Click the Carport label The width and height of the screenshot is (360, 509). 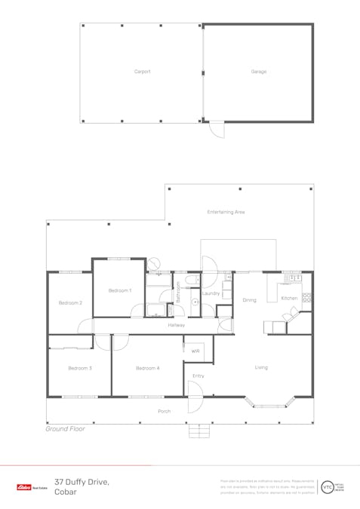(142, 72)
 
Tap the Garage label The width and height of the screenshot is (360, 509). (258, 72)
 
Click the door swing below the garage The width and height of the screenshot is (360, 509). (217, 130)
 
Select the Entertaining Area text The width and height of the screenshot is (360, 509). (226, 212)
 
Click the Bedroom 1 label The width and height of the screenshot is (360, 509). (119, 290)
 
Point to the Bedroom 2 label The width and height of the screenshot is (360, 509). (70, 302)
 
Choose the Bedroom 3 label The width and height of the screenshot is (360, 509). (79, 368)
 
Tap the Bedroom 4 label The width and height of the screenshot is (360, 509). (147, 368)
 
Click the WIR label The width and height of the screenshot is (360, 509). (195, 351)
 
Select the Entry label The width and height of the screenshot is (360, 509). (198, 376)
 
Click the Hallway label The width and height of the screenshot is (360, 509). (176, 324)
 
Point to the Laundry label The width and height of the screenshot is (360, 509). (211, 293)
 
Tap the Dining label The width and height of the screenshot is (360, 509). (249, 299)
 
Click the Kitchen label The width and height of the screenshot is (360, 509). (289, 298)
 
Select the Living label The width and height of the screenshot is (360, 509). (260, 367)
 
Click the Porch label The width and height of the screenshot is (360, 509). (164, 412)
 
